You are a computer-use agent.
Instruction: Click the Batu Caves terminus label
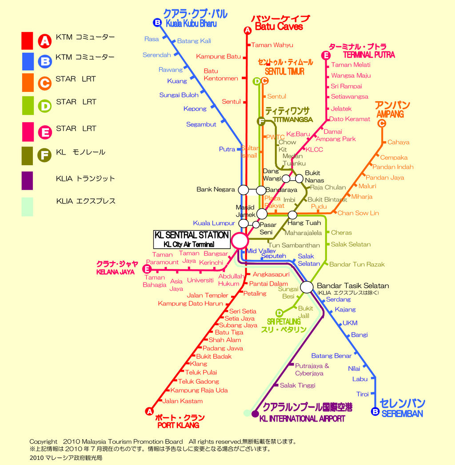279,26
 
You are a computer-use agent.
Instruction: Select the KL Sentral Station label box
192,239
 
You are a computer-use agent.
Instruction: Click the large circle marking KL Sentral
239,241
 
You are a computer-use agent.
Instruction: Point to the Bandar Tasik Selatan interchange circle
307,287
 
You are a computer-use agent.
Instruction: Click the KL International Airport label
302,418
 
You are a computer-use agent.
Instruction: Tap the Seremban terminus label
402,413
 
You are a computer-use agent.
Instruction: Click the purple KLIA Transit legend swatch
27,180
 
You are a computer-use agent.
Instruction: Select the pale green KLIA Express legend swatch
27,207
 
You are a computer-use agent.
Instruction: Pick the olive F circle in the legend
44,155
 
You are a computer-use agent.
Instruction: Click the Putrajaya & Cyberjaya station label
312,370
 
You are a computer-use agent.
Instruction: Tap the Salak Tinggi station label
297,386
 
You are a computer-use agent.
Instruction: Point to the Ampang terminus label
390,114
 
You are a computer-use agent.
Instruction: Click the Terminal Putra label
369,55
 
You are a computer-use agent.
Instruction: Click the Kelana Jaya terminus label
115,272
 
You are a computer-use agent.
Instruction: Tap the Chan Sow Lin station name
358,213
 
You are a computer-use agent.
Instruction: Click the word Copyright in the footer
43,441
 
